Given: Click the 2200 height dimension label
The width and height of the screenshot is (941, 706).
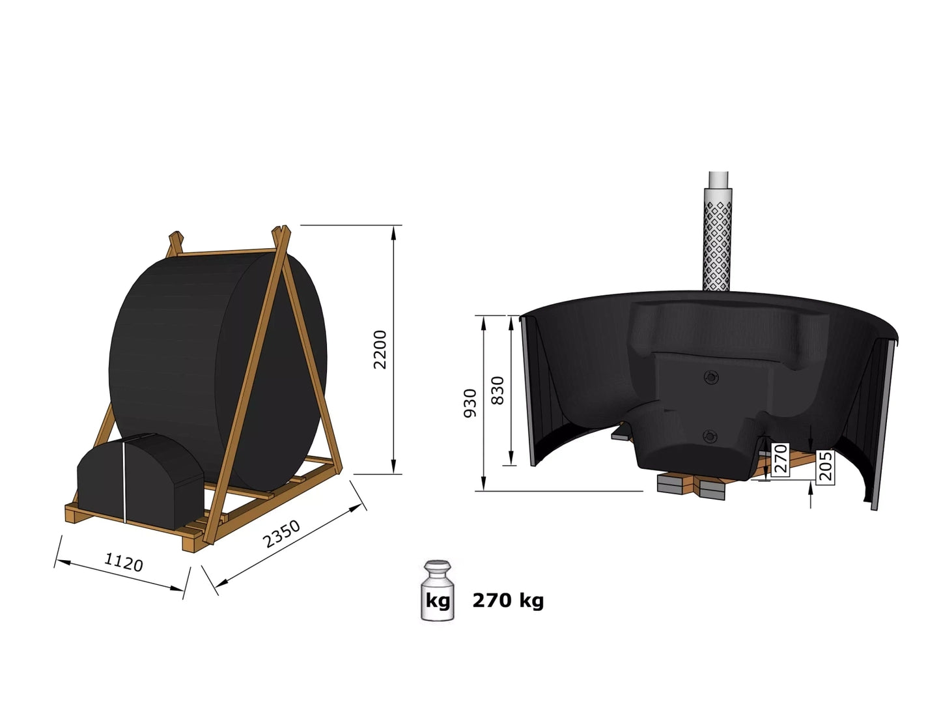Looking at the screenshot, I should (380, 350).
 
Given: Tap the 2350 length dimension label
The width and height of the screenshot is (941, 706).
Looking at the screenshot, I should (281, 534).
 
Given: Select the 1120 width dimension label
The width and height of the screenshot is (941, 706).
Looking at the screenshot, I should (123, 561).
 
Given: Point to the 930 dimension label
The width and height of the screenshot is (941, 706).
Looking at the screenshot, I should (470, 402).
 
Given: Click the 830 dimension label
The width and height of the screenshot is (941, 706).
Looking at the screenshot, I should (498, 390).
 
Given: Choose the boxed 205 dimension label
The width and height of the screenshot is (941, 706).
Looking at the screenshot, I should (825, 465).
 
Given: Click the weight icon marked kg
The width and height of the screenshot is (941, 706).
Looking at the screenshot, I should (437, 591).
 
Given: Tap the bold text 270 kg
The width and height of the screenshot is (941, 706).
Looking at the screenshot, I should (508, 600).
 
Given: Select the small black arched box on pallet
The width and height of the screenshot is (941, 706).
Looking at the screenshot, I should (139, 479).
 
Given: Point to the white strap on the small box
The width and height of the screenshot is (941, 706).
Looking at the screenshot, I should (124, 481).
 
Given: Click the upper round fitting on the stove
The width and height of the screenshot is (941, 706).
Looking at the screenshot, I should (710, 377).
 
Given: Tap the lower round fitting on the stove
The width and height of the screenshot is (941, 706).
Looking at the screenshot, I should (710, 436).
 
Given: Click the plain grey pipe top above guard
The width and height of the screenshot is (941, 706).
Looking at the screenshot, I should (719, 179).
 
